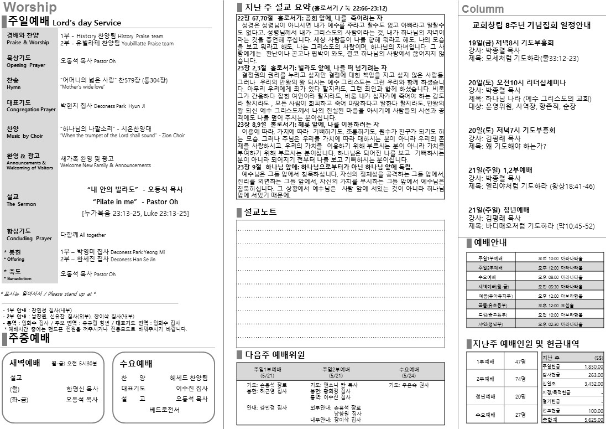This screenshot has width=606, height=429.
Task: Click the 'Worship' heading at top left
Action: [x=30, y=7]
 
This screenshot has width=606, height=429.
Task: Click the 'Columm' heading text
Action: [x=483, y=9]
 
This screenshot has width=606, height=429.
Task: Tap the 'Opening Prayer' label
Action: [x=26, y=65]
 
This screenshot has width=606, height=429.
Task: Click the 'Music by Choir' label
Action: [x=25, y=136]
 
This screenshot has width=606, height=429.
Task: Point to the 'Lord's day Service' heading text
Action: [x=87, y=23]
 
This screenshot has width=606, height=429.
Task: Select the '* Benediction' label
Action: [x=20, y=278]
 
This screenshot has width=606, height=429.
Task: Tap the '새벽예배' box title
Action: [x=25, y=363]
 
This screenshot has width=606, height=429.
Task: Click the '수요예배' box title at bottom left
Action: [x=136, y=364]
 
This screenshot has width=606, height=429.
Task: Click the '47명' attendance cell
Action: [x=519, y=361]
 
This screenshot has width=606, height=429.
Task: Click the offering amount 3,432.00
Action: [x=592, y=383]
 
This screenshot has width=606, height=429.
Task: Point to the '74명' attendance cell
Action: [x=519, y=379]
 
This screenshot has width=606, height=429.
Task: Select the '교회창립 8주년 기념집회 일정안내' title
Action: [x=531, y=25]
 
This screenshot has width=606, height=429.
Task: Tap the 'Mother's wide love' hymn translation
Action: [x=82, y=87]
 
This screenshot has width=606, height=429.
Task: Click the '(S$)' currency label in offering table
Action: [x=598, y=358]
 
